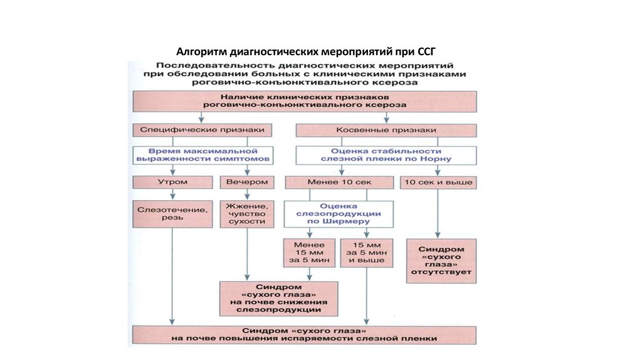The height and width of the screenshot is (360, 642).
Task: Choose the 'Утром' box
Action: [x=172, y=183]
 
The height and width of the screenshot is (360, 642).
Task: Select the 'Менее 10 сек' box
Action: [x=339, y=183]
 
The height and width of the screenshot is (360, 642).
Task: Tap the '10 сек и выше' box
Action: [x=438, y=183]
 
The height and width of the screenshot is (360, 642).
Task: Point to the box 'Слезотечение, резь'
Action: [x=172, y=213]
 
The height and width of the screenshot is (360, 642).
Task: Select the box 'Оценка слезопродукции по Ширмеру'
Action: [x=339, y=213]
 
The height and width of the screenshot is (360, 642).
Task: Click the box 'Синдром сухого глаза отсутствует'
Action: [x=441, y=260]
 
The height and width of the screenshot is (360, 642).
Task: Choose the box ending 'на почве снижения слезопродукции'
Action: [x=278, y=297]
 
